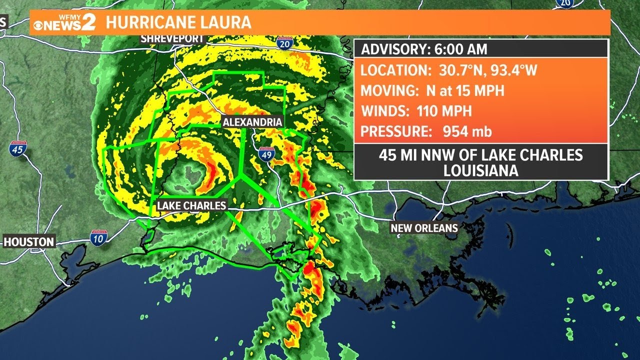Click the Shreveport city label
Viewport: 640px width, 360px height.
click(172, 38)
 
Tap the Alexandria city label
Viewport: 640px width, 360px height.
click(252, 122)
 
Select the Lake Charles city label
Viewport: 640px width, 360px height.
click(191, 205)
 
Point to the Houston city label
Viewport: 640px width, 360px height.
click(29, 242)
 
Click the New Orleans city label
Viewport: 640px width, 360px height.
click(424, 228)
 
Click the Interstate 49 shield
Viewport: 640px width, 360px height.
click(266, 155)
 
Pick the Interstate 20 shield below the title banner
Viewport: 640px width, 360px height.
click(283, 43)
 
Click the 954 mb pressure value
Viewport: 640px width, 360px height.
click(467, 131)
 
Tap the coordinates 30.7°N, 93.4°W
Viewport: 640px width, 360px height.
click(483, 70)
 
